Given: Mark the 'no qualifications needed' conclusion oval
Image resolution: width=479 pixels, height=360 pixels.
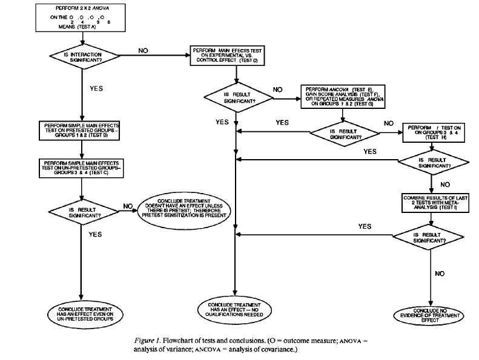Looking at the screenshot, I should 234,308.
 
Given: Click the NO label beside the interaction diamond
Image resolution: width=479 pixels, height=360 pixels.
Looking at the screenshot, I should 143,50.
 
